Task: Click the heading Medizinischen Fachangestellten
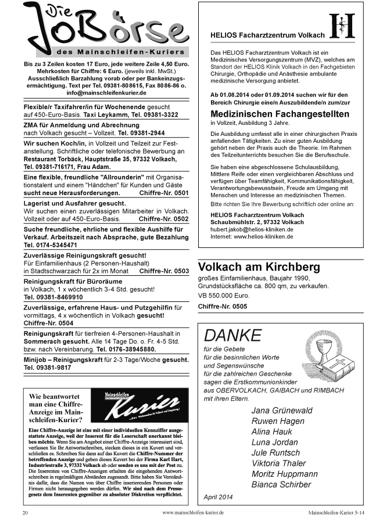[279, 114]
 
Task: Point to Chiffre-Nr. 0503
[164, 271]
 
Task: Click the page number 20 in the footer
[25, 513]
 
